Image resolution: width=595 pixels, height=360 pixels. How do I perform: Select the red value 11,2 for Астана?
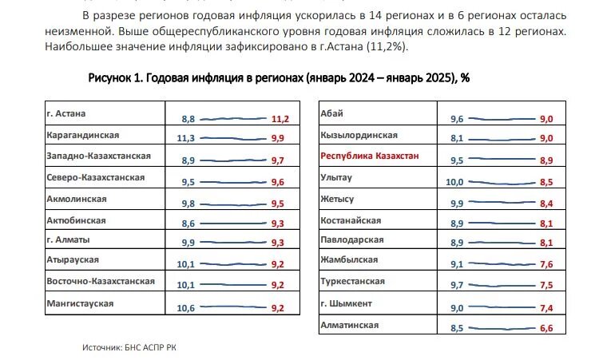[x=280, y=119]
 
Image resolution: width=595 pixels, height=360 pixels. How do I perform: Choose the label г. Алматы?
[x=69, y=240]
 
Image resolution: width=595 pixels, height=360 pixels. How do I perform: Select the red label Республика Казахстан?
[x=369, y=156]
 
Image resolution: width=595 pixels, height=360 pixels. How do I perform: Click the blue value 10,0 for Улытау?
[x=454, y=182]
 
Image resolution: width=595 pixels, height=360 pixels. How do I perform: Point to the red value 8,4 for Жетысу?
[x=546, y=204]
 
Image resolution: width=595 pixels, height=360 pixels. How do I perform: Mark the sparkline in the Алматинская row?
[x=502, y=327]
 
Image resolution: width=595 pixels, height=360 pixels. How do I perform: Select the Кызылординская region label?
[x=358, y=136]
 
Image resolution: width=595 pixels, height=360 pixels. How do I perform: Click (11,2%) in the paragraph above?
[x=385, y=47]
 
